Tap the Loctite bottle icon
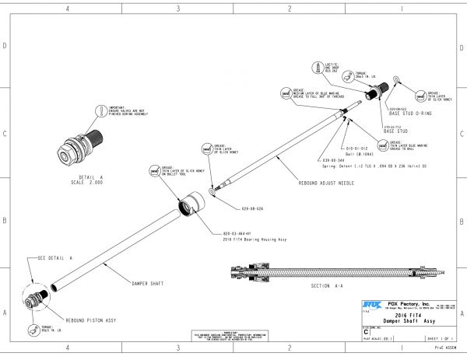[x=320, y=65]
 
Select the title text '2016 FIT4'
[x=409, y=314]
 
